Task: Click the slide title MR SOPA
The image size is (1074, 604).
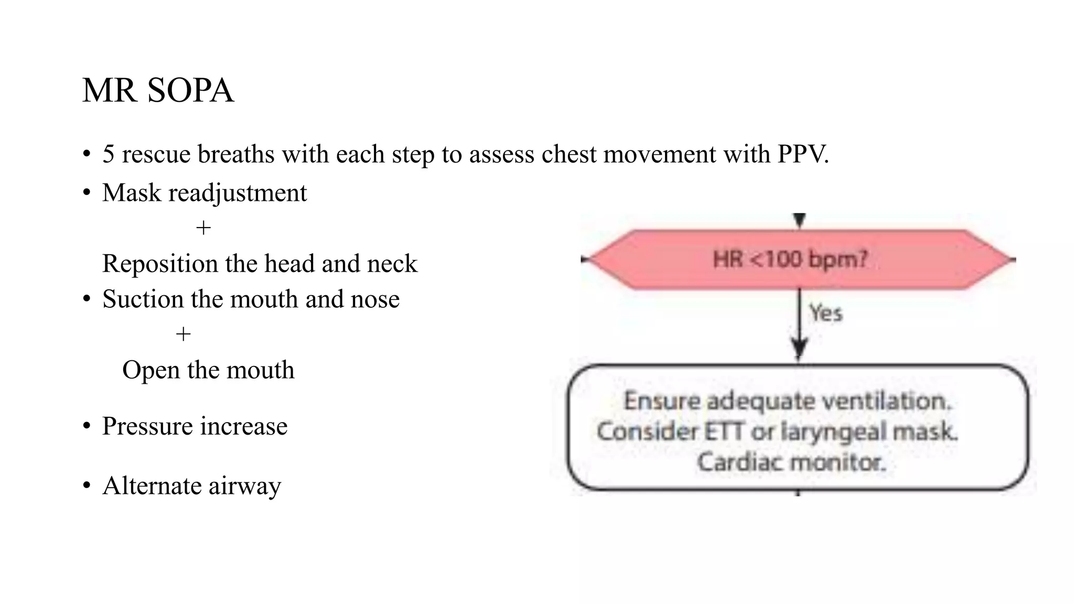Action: coord(158,90)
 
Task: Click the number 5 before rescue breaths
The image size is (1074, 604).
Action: coord(108,155)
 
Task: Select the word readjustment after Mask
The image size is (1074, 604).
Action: coord(237,193)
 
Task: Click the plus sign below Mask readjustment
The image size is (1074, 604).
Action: coord(203,228)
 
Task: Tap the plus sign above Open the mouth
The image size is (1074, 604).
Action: coord(183,334)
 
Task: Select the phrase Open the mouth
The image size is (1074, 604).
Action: coord(208,370)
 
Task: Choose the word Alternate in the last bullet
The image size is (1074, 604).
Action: coord(152,486)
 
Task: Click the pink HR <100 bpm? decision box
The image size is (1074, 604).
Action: coord(799,260)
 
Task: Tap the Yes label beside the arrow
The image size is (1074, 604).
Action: coord(825,314)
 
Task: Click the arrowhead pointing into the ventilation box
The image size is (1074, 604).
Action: coord(799,348)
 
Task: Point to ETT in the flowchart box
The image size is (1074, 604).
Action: coord(724,432)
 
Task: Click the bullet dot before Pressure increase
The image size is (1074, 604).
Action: coord(87,426)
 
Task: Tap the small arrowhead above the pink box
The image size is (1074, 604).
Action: coord(799,220)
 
